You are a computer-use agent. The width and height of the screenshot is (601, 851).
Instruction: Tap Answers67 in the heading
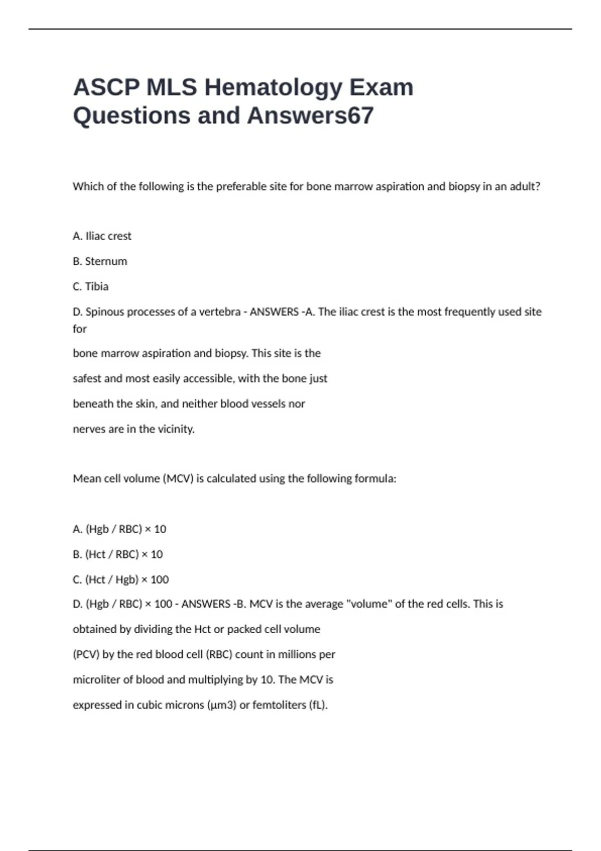pyautogui.click(x=310, y=116)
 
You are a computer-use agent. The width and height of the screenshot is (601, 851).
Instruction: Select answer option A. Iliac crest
pyautogui.click(x=102, y=236)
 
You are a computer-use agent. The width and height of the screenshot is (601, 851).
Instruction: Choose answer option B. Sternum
pyautogui.click(x=100, y=261)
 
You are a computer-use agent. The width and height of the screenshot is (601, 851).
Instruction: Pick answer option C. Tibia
pyautogui.click(x=91, y=287)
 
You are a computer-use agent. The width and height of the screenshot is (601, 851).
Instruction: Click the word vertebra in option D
pyautogui.click(x=220, y=312)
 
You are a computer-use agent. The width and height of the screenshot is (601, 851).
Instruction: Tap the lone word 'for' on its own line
pyautogui.click(x=80, y=329)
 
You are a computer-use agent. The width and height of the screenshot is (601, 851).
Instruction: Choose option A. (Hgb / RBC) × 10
pyautogui.click(x=119, y=529)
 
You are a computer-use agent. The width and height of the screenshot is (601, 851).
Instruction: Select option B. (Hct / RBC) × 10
pyautogui.click(x=118, y=555)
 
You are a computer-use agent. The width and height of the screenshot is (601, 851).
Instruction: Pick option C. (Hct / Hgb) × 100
pyautogui.click(x=121, y=580)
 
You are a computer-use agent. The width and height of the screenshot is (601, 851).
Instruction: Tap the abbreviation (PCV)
pyautogui.click(x=86, y=655)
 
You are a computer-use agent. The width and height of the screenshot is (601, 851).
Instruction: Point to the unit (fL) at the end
pyautogui.click(x=319, y=705)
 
